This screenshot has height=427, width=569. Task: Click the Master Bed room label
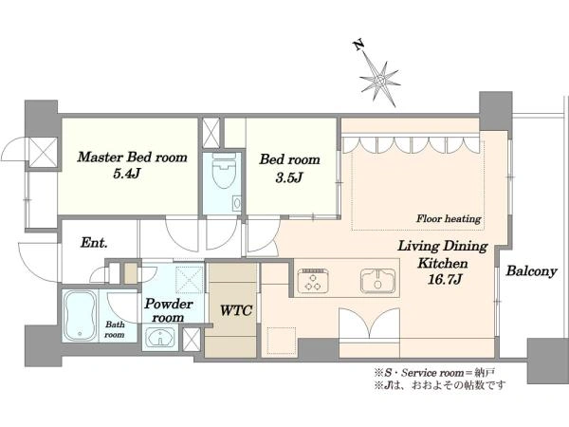point(133,158)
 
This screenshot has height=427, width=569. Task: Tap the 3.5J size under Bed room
point(289,177)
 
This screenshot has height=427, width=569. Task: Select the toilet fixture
point(224,170)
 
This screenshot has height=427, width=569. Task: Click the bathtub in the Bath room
point(81,316)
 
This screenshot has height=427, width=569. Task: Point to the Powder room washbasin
point(160,338)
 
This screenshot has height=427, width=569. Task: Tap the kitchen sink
point(377,280)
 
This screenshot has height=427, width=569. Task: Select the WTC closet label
point(236,310)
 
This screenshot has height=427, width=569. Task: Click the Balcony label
point(531,271)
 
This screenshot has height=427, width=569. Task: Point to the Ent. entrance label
point(94,243)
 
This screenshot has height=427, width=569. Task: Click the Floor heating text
point(449,218)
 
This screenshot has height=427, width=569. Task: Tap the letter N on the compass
point(358,45)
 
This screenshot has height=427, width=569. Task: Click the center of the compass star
point(380,81)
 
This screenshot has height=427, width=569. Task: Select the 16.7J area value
point(445,279)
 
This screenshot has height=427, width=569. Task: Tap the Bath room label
point(115,329)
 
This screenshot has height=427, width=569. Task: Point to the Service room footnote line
point(434,373)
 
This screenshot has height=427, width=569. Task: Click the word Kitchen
point(442,263)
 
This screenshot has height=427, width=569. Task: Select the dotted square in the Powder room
point(189,280)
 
